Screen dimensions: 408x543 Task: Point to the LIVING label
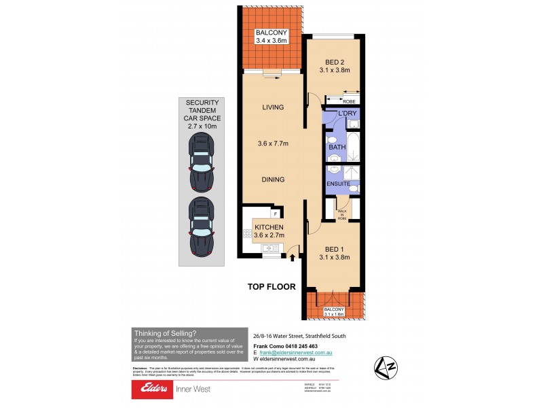pos(273,107)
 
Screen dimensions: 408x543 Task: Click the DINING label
pos(273,180)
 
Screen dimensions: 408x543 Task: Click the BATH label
pos(337,147)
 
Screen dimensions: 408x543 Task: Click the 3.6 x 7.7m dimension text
pos(273,143)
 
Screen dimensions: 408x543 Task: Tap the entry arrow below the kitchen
pos(293,257)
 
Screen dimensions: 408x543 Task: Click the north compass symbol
pos(386,367)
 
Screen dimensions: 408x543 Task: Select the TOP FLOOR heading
pos(271,287)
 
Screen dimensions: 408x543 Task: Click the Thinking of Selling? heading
pos(165,333)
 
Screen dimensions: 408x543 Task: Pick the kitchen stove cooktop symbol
pos(247,234)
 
